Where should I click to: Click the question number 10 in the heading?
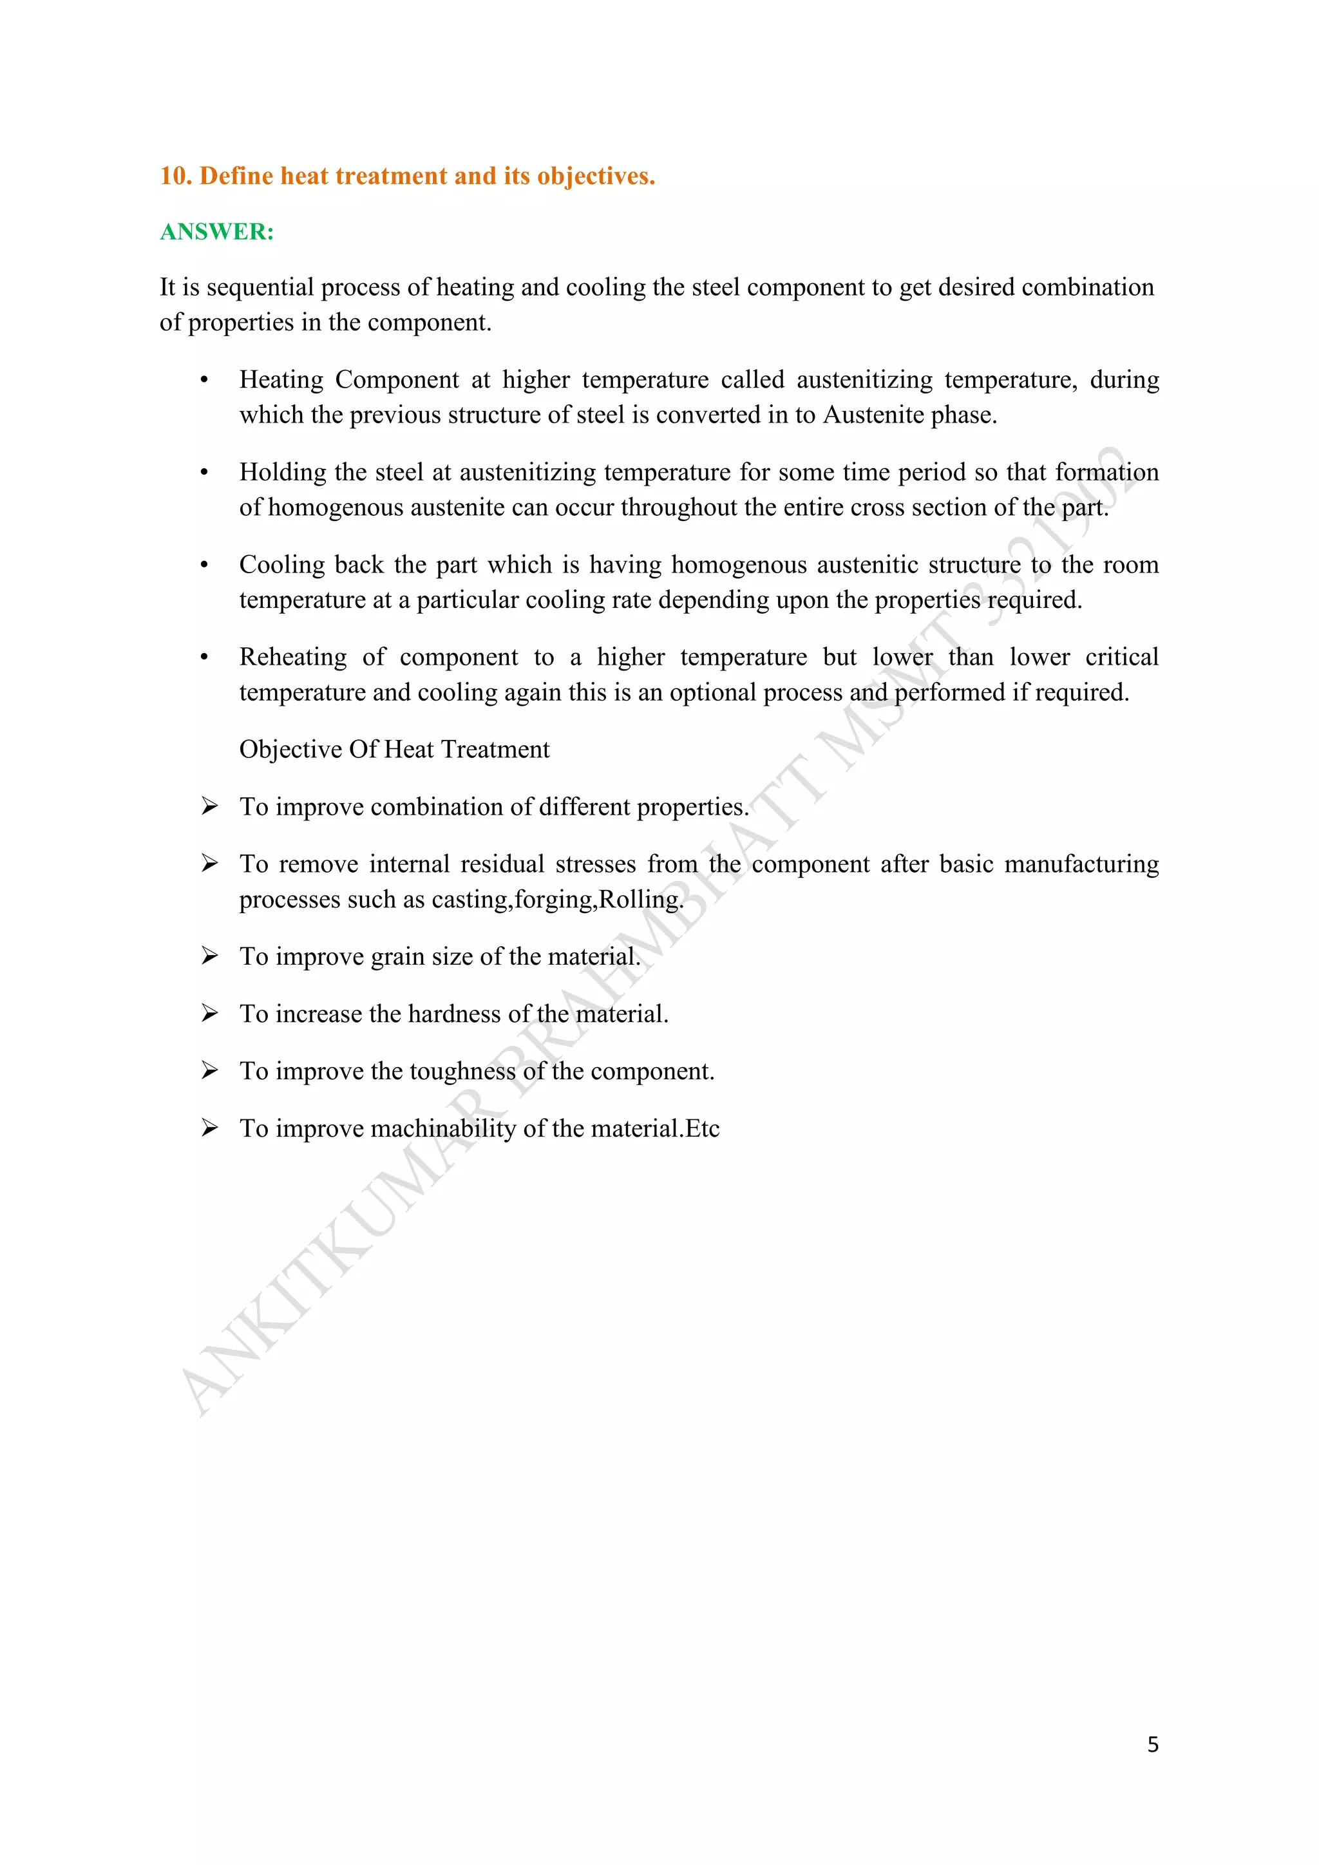click(174, 176)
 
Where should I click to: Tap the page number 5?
click(1152, 1744)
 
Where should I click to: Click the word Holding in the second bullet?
click(283, 473)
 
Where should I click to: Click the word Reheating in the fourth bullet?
click(293, 657)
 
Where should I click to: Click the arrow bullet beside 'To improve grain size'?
click(209, 956)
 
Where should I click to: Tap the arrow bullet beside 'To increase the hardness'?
click(209, 1014)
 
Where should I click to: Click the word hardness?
click(454, 1014)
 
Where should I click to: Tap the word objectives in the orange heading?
click(595, 176)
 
